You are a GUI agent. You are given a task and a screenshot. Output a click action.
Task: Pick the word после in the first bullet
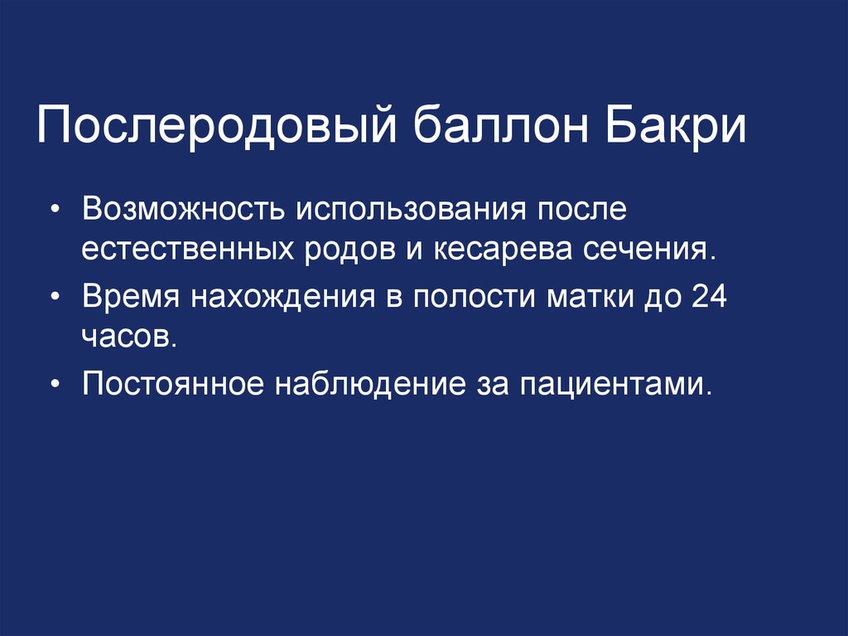(x=583, y=210)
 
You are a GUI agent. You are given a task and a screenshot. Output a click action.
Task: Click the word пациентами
(x=616, y=384)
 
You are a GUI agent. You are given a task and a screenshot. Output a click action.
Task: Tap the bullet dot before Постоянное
(x=55, y=385)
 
